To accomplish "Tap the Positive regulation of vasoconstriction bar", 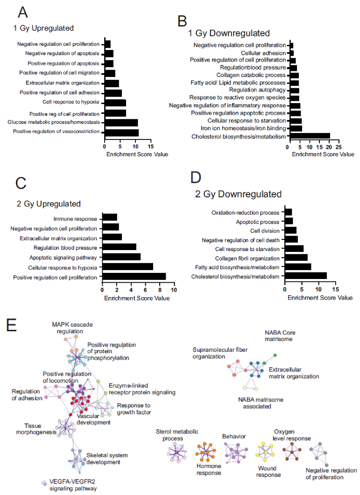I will click(x=121, y=132).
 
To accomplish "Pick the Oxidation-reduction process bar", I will click(x=288, y=212).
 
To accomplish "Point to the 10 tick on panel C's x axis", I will click(x=174, y=290).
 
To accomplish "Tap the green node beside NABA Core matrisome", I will click(x=275, y=356).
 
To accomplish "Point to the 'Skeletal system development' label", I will click(x=107, y=459).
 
